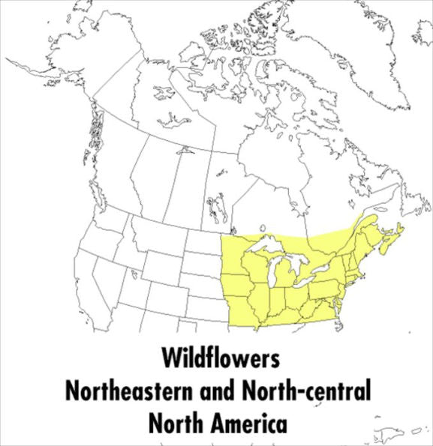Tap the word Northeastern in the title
(x=126, y=391)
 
